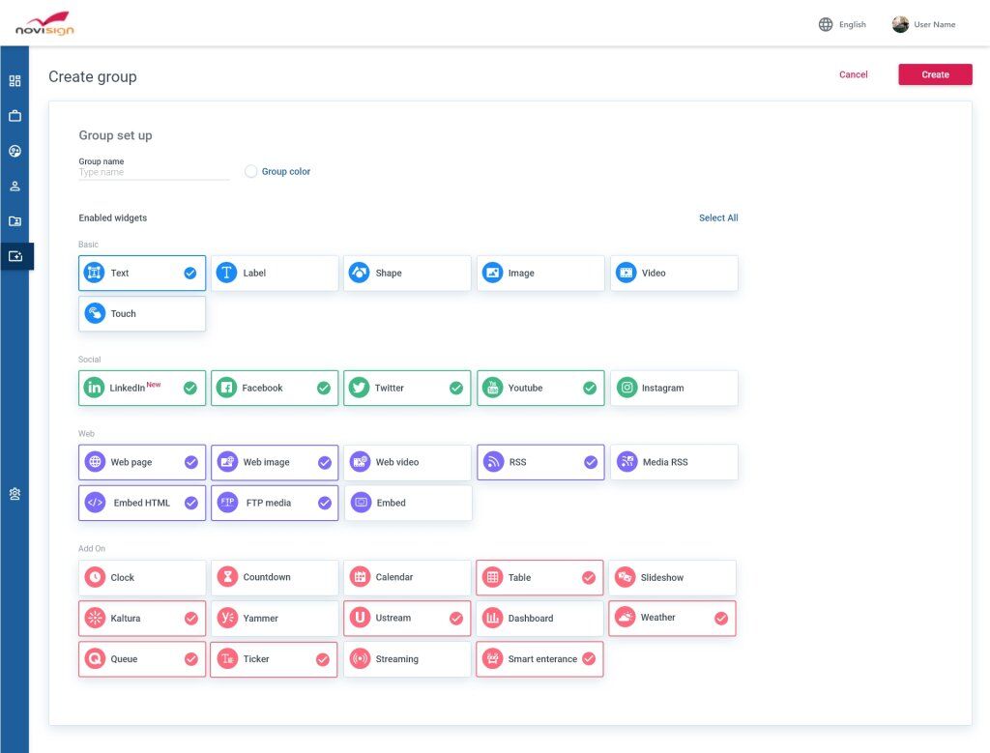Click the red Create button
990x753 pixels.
point(935,74)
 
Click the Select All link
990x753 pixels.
point(718,218)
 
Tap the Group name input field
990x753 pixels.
point(154,173)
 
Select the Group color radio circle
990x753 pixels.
point(251,172)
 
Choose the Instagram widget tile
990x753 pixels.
point(674,388)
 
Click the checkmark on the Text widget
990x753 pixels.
point(190,274)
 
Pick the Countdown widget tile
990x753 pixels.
point(275,577)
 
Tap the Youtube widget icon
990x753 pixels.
point(492,388)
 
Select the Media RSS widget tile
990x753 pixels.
point(674,462)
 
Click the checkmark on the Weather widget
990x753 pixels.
point(720,618)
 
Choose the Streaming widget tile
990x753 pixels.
point(407,659)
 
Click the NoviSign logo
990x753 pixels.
point(44,23)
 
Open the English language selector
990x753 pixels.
point(842,24)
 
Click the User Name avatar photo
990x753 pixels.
point(900,24)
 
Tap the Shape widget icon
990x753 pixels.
point(359,274)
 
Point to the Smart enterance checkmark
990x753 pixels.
point(588,659)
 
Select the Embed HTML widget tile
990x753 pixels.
point(142,503)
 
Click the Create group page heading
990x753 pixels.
point(93,77)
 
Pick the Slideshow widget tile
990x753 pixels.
point(673,577)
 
